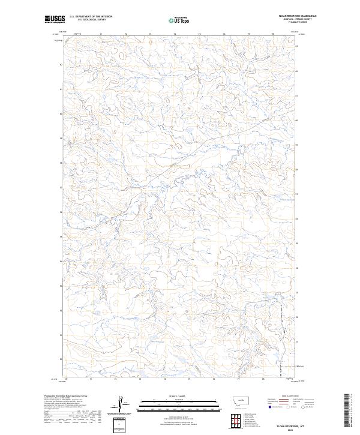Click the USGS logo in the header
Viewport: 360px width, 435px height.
click(x=55, y=19)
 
